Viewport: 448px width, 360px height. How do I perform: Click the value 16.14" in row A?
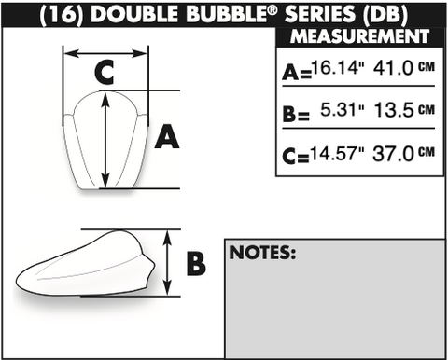point(338,67)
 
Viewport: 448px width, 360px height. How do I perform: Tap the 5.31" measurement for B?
point(342,110)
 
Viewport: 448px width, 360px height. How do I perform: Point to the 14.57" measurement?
point(337,153)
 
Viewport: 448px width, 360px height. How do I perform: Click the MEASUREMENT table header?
point(360,36)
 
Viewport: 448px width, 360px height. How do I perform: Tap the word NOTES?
point(262,252)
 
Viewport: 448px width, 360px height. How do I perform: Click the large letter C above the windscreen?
point(104,73)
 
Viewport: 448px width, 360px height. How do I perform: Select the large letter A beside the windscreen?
point(167,136)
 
